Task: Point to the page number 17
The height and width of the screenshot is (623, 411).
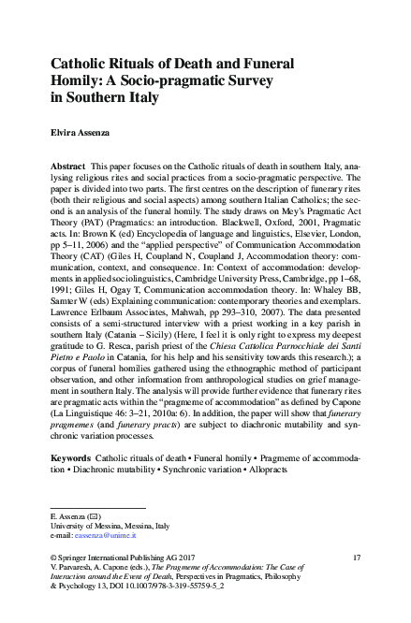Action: click(x=356, y=558)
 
